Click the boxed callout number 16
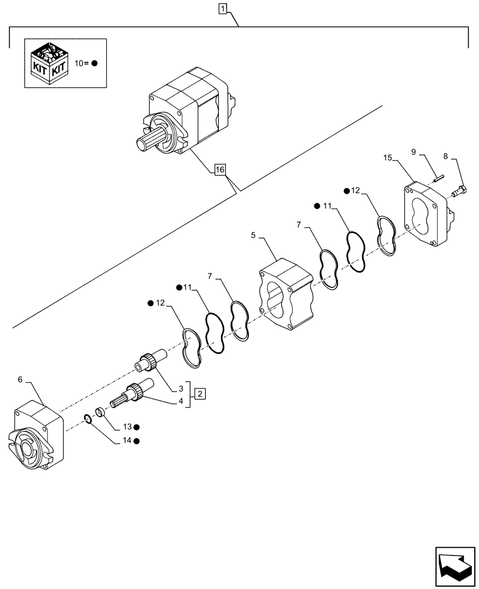pyautogui.click(x=219, y=171)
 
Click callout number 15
pyautogui.click(x=388, y=158)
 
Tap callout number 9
pyautogui.click(x=414, y=152)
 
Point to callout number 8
pyautogui.click(x=445, y=157)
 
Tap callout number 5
pyautogui.click(x=253, y=235)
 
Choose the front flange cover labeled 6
pyautogui.click(x=37, y=436)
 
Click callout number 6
pyautogui.click(x=20, y=380)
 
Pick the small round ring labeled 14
pyautogui.click(x=87, y=419)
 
